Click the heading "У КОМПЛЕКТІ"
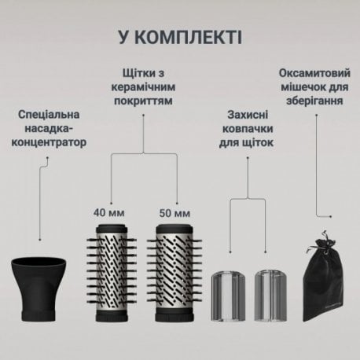[x=180, y=36]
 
